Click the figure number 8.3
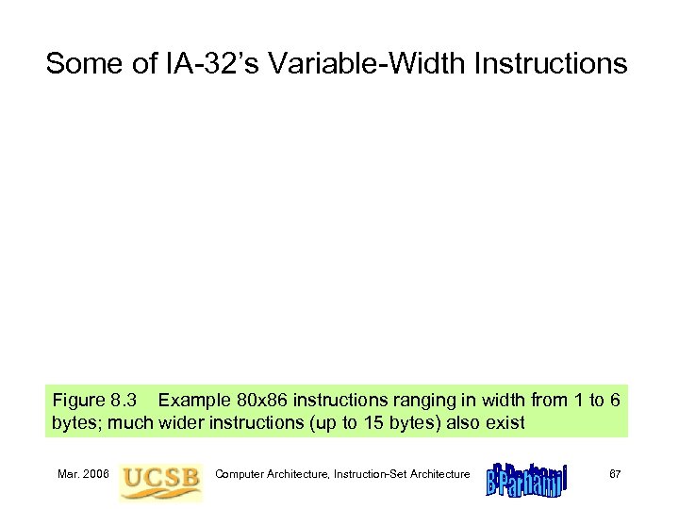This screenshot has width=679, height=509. pos(126,402)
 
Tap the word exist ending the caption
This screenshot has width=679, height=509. pos(505,423)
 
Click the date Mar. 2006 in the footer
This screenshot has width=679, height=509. pos(81,473)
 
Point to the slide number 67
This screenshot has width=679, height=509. pos(614,473)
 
